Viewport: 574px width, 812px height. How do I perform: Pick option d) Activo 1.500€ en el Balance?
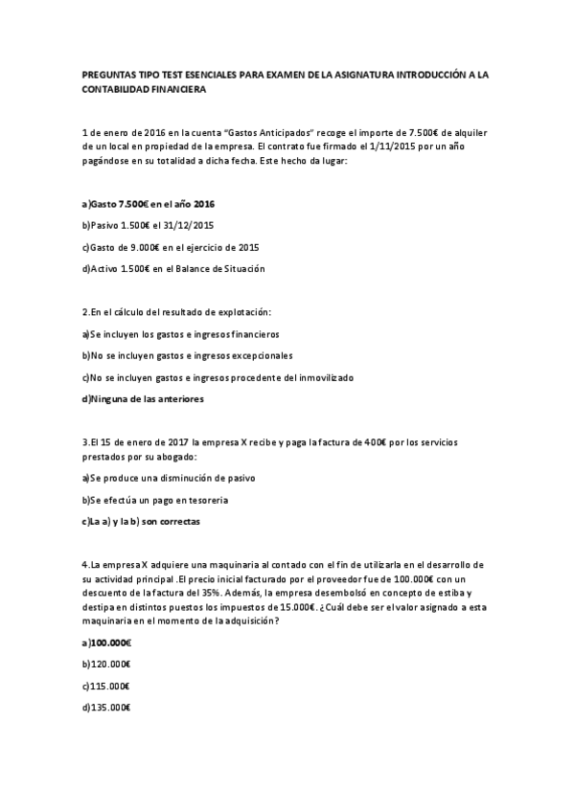click(173, 269)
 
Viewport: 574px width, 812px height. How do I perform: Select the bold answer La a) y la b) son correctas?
click(144, 522)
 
